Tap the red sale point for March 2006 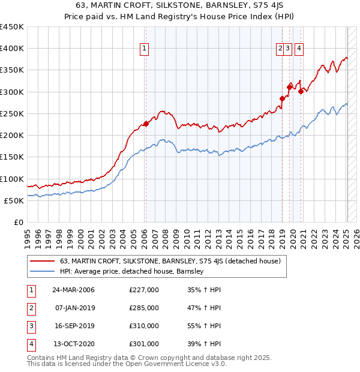[145, 124]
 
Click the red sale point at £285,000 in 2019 [282, 98]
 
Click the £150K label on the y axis [12, 157]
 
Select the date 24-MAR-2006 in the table [73, 290]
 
